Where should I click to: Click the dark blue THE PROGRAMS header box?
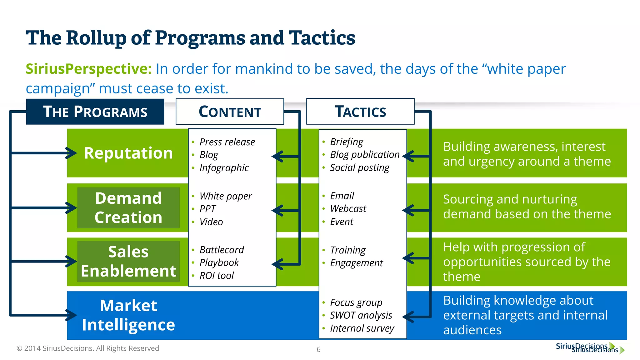(x=95, y=112)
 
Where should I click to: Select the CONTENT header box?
(x=230, y=112)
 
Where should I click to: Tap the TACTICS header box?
(x=360, y=111)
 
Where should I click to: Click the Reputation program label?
(x=128, y=153)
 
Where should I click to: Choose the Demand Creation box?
(x=128, y=207)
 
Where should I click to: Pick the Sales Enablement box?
(x=128, y=261)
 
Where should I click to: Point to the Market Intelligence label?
(x=128, y=315)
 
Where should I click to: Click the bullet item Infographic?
(x=224, y=168)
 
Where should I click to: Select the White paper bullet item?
(x=225, y=196)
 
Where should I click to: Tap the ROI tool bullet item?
(x=216, y=276)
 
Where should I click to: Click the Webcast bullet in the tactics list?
(x=348, y=209)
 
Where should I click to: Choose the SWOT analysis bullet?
(x=361, y=315)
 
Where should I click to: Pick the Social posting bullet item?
(x=359, y=168)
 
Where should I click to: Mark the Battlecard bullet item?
(x=222, y=250)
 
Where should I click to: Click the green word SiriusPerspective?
(x=89, y=69)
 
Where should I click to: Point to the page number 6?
(x=318, y=349)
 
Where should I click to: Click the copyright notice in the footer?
(x=88, y=348)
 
